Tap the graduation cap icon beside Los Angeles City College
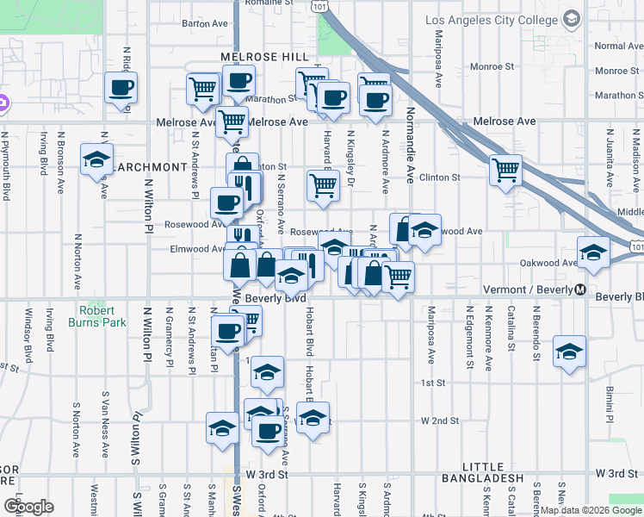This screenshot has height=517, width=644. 571,19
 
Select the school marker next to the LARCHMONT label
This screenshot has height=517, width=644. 96,160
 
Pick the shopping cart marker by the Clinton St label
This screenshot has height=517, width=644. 505,169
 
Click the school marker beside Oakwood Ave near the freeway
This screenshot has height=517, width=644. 592,252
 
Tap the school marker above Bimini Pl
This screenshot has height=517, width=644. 569,352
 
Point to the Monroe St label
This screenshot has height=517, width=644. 492,65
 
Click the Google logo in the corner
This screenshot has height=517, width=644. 28,506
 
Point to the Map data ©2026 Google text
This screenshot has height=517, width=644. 591,510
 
